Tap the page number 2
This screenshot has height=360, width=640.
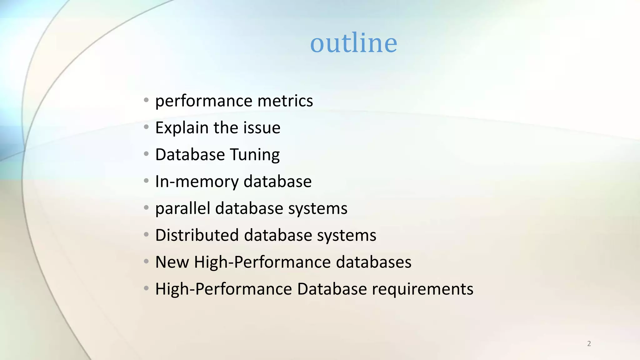point(589,344)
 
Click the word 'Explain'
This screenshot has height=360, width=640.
point(182,128)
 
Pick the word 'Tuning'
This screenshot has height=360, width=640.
point(255,155)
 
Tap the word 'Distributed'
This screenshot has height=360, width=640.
point(197,235)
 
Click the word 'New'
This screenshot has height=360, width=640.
point(172,262)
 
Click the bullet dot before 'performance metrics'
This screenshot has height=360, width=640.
point(146,100)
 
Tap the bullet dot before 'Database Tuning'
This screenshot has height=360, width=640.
point(146,154)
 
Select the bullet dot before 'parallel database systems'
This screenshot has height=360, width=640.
point(146,208)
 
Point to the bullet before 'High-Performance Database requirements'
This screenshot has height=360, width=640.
point(146,288)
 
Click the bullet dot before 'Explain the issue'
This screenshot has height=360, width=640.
point(146,127)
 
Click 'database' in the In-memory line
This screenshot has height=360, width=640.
point(277,182)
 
